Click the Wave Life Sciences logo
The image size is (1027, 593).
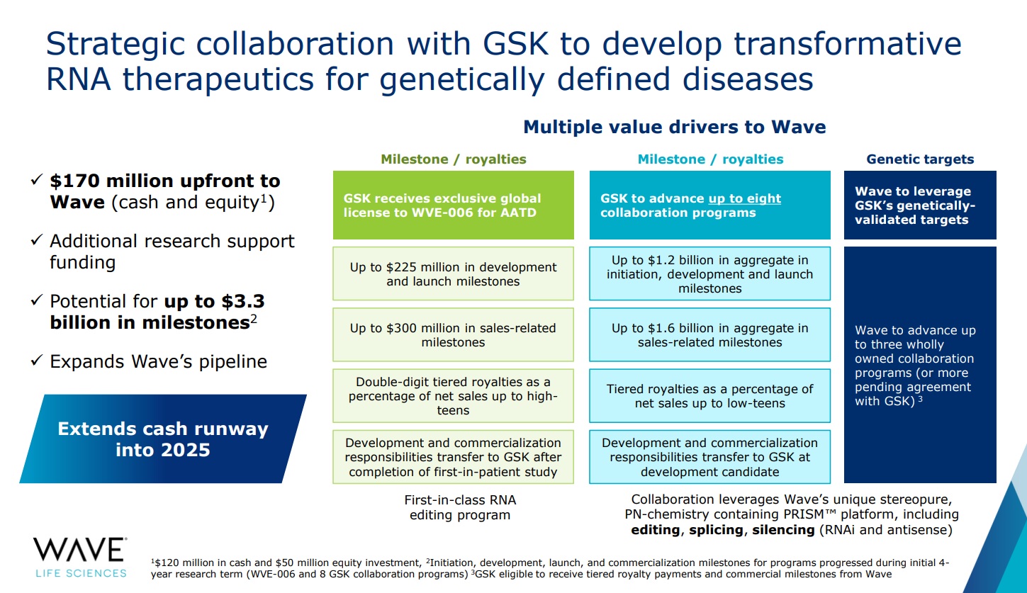[x=80, y=556]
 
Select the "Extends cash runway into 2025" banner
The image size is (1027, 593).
[x=163, y=439]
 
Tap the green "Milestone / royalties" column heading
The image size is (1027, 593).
[x=453, y=159]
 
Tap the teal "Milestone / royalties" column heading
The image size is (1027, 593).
[x=710, y=159]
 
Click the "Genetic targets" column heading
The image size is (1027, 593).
[x=920, y=159]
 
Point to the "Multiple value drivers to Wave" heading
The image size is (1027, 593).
[x=674, y=128]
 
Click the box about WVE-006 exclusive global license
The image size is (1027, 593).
[x=453, y=205]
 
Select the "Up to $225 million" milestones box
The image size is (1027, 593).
[x=453, y=274]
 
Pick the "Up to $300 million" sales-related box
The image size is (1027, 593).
[x=453, y=335]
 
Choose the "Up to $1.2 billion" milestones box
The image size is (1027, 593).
[x=710, y=274]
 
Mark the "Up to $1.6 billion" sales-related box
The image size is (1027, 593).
[x=710, y=335]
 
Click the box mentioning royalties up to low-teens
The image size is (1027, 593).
[x=710, y=396]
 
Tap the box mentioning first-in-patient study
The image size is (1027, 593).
[x=453, y=457]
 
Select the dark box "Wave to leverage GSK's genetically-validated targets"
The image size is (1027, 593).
[x=920, y=205]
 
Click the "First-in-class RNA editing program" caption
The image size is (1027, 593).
[x=459, y=507]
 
